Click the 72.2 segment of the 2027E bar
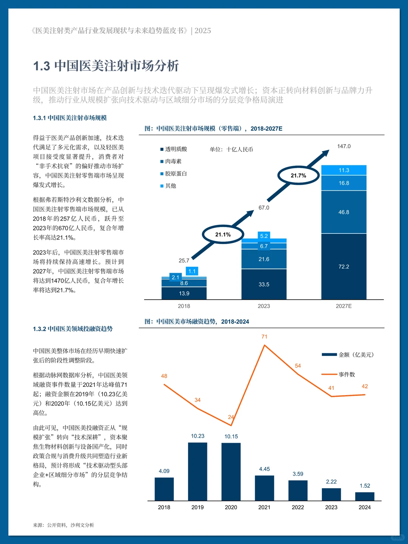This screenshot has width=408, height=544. coord(344,267)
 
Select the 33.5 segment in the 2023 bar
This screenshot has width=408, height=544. coord(264,284)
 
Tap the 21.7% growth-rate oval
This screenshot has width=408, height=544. coord(298,176)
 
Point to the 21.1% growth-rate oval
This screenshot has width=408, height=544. coord(223,235)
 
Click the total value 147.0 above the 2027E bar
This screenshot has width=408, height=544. coord(344,146)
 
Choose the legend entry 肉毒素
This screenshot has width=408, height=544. coord(173,161)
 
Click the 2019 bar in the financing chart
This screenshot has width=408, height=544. coord(198,472)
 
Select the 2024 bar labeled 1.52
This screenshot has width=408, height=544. coord(365,496)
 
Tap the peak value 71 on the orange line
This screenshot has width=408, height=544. coord(264,337)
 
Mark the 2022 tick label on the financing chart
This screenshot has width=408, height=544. coord(298,507)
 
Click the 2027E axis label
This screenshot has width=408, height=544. coord(344,306)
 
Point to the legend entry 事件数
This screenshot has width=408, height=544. coord(346,374)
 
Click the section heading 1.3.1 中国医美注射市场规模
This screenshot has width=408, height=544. coord(70,118)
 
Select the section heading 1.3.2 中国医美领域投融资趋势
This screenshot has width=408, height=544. coord(73,329)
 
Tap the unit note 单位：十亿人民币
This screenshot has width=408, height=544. coord(231,150)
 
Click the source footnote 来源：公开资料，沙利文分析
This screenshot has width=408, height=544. coord(63,525)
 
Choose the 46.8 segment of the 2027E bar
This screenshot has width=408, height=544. coord(344,212)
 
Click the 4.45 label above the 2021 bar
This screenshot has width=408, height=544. coord(264,469)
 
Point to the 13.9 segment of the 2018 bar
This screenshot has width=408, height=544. coord(184,294)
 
